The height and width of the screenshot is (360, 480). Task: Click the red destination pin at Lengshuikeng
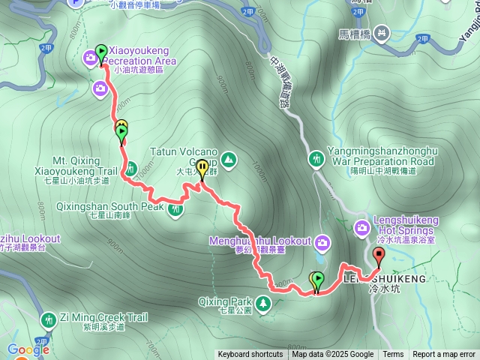[378, 256]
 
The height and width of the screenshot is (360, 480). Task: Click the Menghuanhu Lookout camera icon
[322, 241]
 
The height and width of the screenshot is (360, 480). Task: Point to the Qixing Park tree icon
[262, 304]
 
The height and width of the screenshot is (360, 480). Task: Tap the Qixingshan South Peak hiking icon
[175, 209]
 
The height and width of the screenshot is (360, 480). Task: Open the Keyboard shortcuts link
[250, 355]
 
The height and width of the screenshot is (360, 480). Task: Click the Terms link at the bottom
[393, 355]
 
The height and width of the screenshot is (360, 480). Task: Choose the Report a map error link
[444, 355]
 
